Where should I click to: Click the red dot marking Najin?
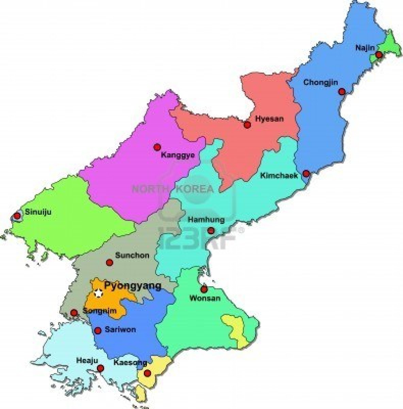(379, 55)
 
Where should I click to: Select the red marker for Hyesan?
(247, 125)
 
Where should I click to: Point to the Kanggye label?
(178, 155)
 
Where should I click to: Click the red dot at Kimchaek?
(306, 173)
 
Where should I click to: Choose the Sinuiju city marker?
(17, 216)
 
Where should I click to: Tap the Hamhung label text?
(206, 219)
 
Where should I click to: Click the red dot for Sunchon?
(109, 262)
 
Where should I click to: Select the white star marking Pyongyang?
(98, 293)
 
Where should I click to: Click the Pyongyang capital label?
(132, 285)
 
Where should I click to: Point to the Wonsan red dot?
(204, 289)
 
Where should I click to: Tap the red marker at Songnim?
(73, 313)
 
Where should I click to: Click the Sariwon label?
(120, 330)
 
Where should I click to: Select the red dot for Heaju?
(100, 368)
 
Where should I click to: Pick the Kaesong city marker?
(147, 374)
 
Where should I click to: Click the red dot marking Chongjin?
(342, 91)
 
